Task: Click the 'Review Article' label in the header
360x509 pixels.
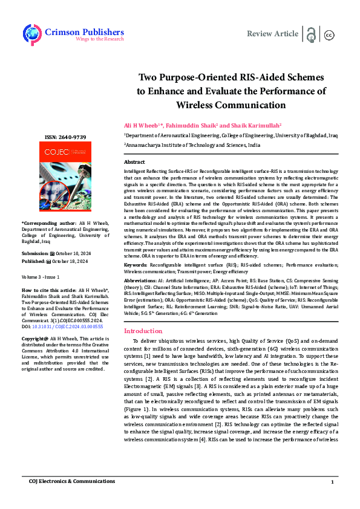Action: [x=272, y=34]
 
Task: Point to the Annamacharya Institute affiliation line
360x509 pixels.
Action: [x=192, y=146]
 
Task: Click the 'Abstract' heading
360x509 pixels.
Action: [x=134, y=163]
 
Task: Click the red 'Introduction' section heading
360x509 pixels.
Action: [x=143, y=331]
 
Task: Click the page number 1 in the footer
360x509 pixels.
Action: [x=332, y=482]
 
